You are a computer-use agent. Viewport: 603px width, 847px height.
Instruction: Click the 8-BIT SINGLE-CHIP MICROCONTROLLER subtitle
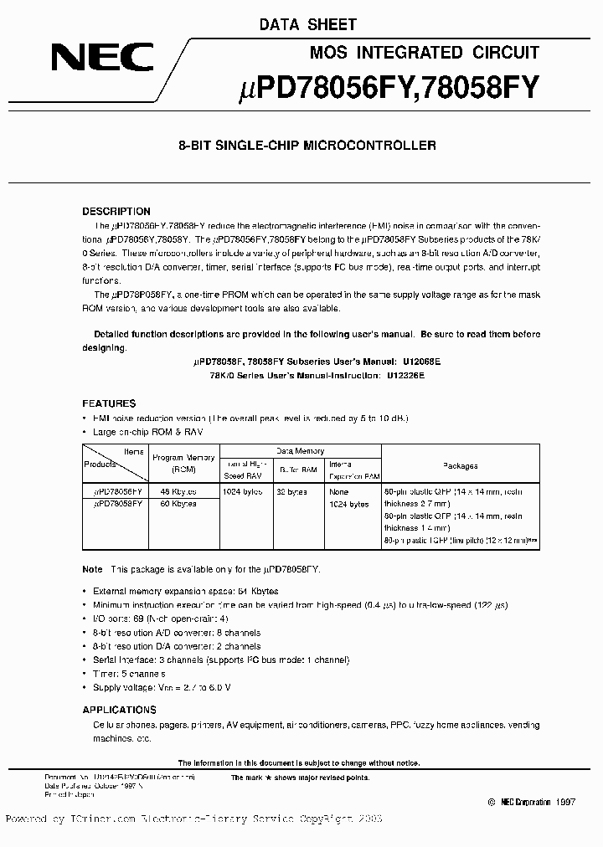(x=307, y=146)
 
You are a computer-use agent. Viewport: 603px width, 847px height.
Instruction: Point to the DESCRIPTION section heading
(x=116, y=212)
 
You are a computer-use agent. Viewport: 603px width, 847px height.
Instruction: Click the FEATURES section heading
(x=109, y=403)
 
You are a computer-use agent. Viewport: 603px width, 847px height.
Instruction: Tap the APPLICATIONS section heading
(x=120, y=710)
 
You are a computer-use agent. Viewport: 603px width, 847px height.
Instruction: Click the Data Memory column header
(x=300, y=451)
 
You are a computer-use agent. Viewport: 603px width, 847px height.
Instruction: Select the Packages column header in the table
(x=460, y=465)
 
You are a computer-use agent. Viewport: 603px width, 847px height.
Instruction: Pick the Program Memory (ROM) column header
(x=183, y=464)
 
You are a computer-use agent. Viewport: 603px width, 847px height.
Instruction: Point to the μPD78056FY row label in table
(x=118, y=492)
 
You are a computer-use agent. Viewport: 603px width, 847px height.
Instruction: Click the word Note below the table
(x=92, y=568)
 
